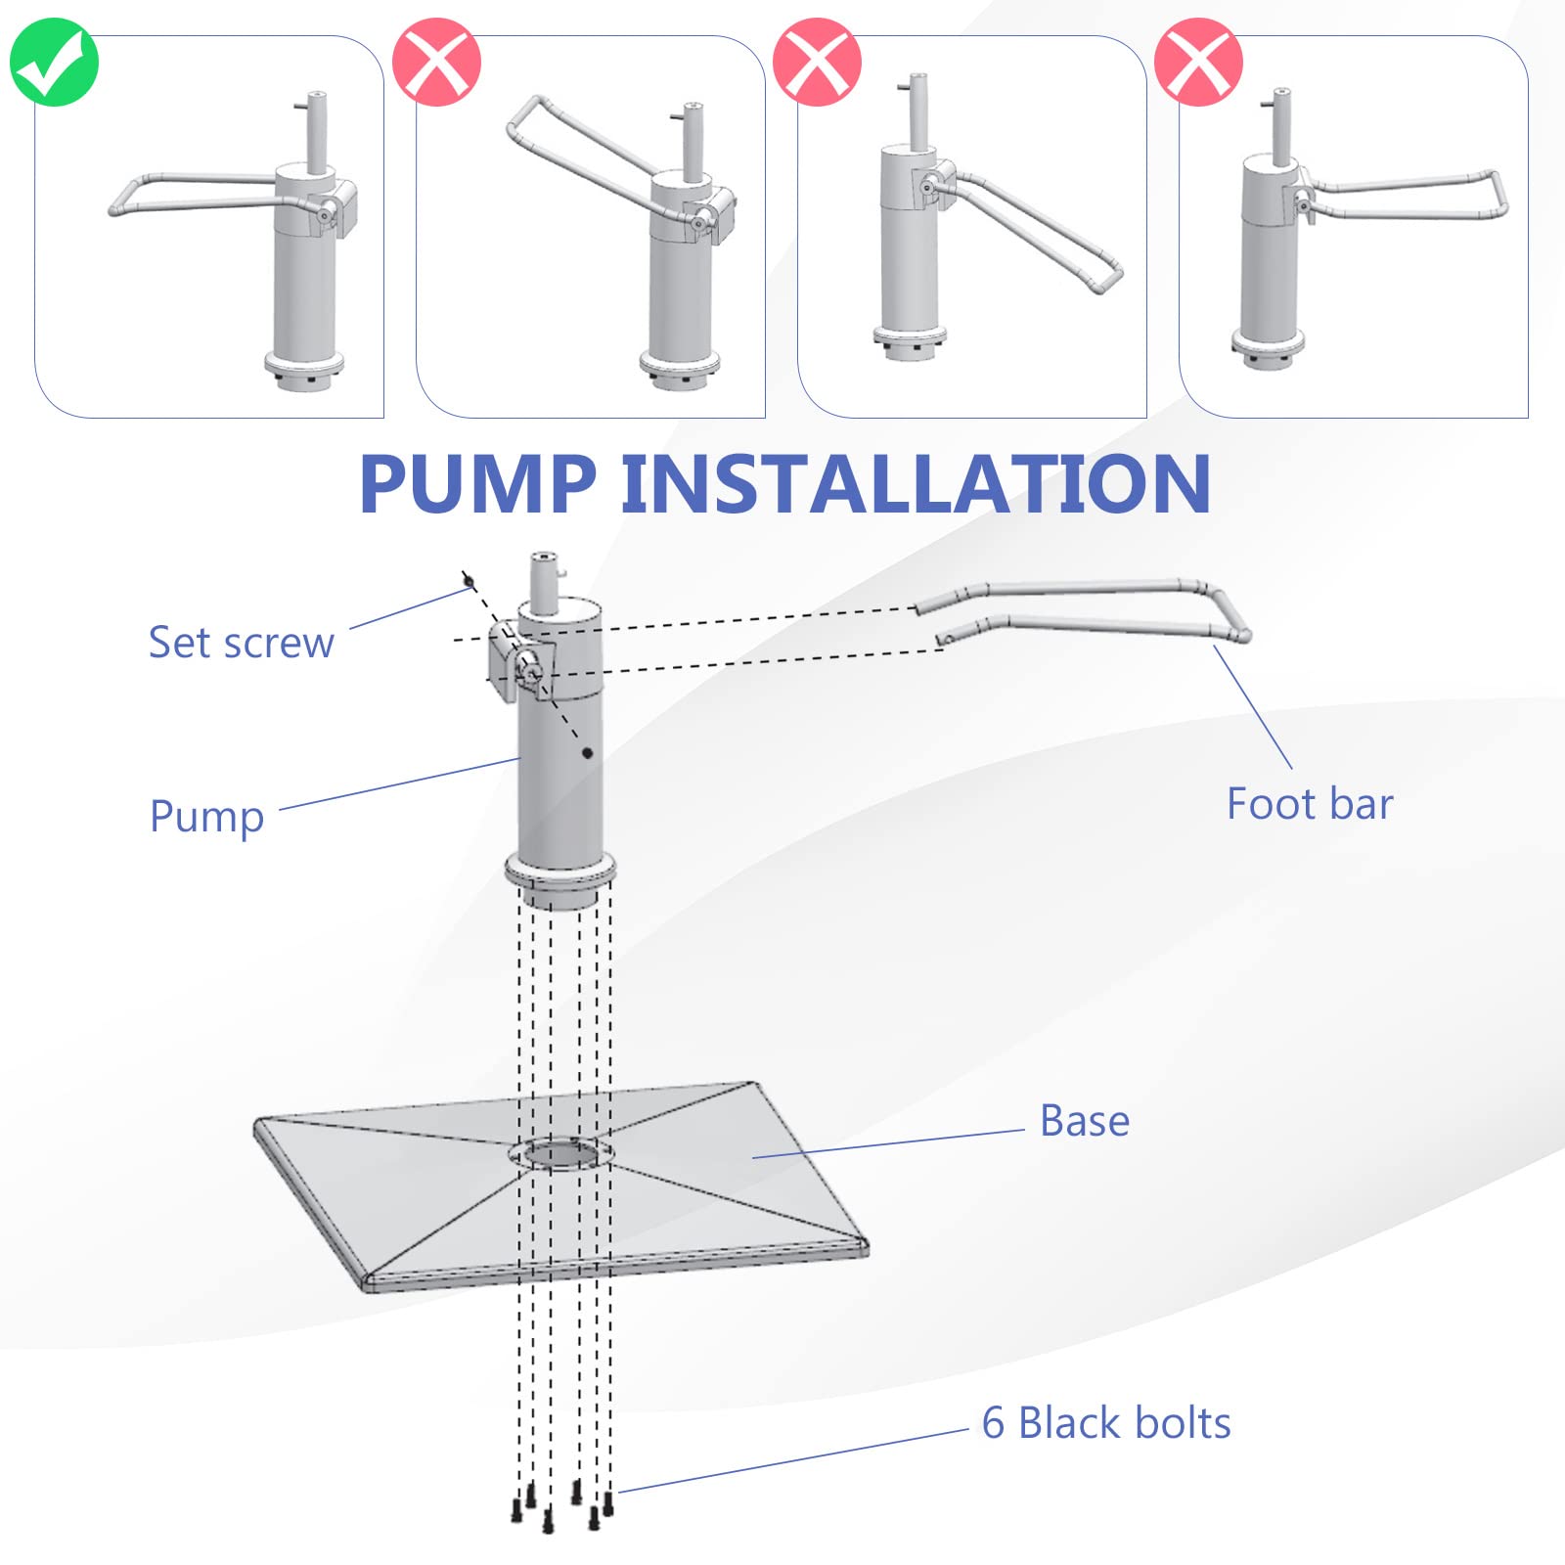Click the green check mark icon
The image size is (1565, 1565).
click(x=54, y=62)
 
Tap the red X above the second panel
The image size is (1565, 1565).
click(x=436, y=62)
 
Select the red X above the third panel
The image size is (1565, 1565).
click(x=818, y=62)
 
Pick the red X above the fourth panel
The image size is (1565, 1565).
click(x=1199, y=62)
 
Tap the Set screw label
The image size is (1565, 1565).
click(x=242, y=643)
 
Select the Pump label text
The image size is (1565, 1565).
click(x=207, y=817)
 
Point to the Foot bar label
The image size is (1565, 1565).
click(x=1310, y=804)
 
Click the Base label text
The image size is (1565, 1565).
click(x=1085, y=1121)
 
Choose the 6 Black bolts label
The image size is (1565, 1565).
click(x=1106, y=1423)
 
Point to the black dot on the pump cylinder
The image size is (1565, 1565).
click(x=587, y=753)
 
